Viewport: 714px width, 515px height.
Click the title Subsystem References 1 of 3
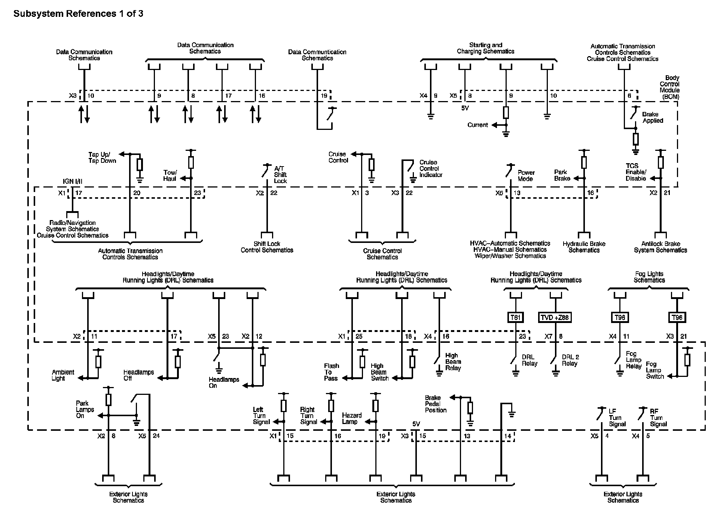point(78,14)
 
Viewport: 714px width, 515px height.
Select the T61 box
point(515,317)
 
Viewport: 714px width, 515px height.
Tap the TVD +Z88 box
point(555,317)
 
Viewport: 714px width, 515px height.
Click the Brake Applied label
point(653,118)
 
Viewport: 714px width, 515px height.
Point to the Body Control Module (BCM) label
point(669,87)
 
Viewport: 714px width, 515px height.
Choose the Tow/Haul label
point(170,176)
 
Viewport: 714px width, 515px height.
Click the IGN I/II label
point(73,182)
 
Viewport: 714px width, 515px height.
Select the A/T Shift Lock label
point(280,175)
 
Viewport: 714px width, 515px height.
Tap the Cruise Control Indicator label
point(431,168)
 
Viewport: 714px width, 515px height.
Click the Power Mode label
point(526,176)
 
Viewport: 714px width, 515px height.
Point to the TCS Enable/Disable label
point(636,172)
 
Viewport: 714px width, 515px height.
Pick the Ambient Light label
point(63,375)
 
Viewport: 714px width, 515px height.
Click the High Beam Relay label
point(453,362)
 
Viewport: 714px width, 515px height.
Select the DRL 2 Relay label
point(570,360)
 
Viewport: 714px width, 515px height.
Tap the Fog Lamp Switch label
point(654,370)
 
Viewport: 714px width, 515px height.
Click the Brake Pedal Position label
point(436,404)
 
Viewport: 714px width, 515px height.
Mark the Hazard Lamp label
point(352,418)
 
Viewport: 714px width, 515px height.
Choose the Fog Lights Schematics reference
point(649,277)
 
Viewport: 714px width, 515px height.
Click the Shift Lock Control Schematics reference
point(267,247)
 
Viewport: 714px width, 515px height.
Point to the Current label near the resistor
point(477,125)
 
